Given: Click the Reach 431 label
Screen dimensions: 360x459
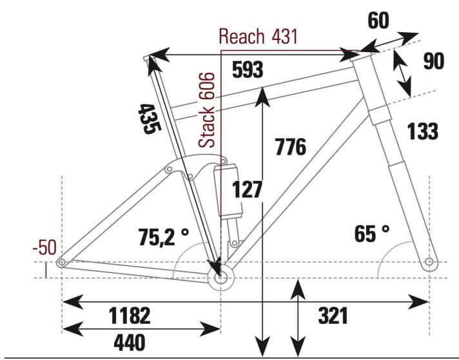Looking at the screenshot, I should click(258, 36).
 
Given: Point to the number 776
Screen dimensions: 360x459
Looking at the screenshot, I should click(290, 147).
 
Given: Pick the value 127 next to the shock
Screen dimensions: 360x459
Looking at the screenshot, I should click(248, 190).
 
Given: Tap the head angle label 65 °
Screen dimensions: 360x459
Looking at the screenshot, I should click(372, 234).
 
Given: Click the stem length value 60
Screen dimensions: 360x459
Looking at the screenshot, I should click(378, 21).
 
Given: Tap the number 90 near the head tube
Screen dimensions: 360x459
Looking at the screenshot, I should click(434, 62).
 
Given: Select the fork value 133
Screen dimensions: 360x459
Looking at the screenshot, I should click(422, 131).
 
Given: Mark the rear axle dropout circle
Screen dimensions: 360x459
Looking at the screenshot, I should click(62, 262).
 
